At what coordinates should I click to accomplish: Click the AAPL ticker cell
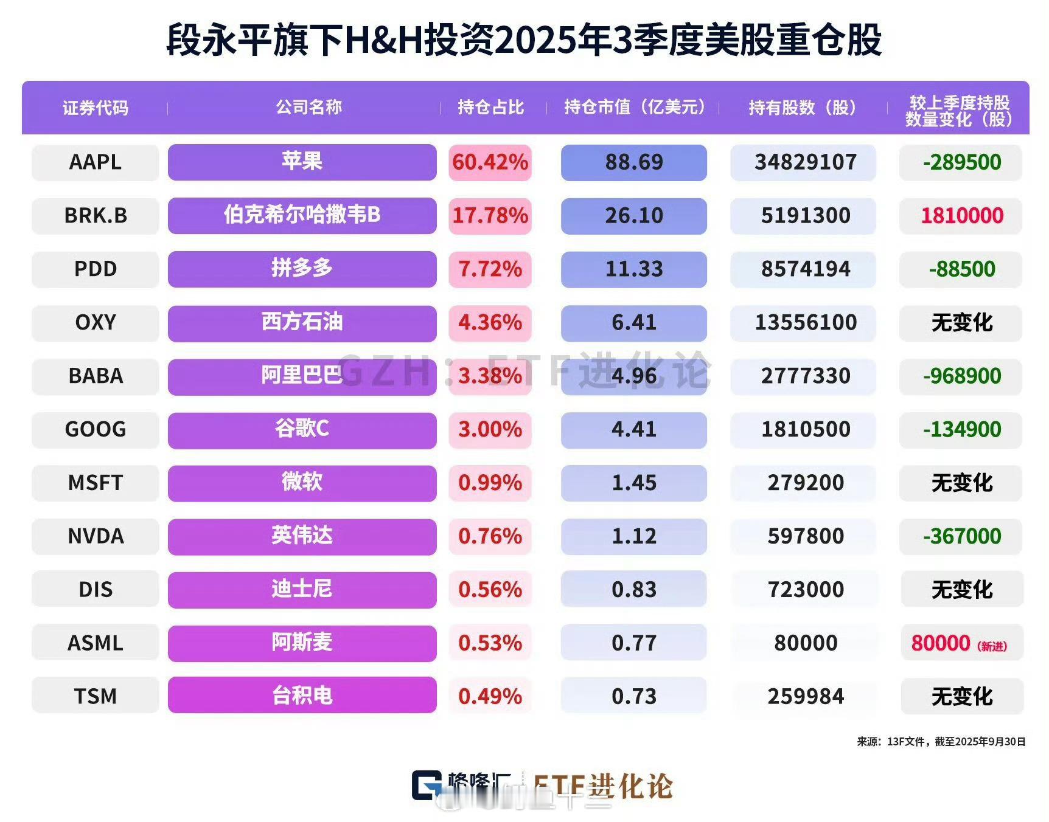95,162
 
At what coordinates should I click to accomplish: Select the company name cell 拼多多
302,269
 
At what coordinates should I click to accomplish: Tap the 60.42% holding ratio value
490,162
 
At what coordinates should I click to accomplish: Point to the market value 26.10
633,216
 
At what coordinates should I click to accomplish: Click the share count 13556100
805,322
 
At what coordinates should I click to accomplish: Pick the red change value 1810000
961,216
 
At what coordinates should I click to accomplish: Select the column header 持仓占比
490,108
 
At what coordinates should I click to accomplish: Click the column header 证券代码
95,108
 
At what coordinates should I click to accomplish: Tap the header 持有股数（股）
803,108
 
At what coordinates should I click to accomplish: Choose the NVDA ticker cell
95,536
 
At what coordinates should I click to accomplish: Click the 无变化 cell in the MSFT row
961,483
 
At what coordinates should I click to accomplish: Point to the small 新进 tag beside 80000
992,646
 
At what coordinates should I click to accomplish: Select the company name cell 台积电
302,696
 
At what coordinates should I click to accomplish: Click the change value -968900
961,376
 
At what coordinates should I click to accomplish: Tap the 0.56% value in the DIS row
490,589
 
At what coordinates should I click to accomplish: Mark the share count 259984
805,696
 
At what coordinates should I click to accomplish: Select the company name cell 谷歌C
302,429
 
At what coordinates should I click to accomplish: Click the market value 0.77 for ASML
633,643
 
